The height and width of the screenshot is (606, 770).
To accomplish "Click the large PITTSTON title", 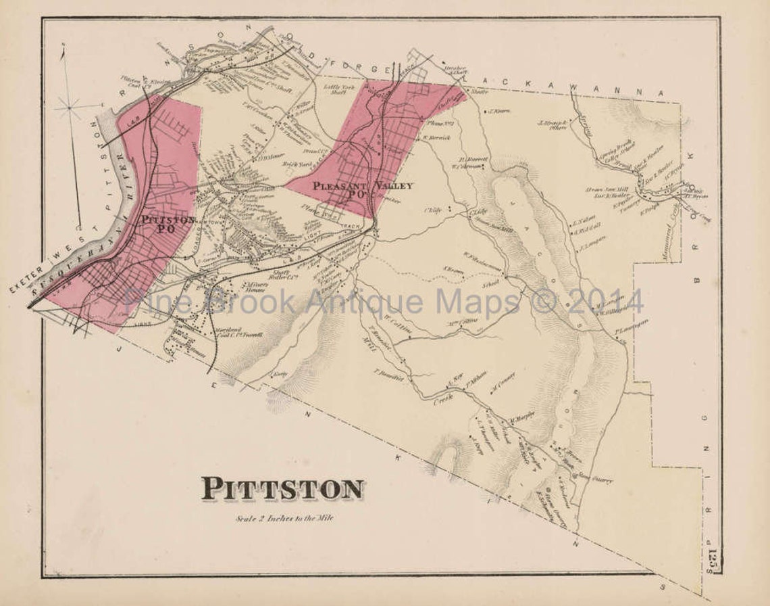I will coord(282,488).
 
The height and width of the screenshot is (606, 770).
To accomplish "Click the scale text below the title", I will coord(284,519).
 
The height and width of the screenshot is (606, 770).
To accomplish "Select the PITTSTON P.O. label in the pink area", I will coord(168,225).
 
